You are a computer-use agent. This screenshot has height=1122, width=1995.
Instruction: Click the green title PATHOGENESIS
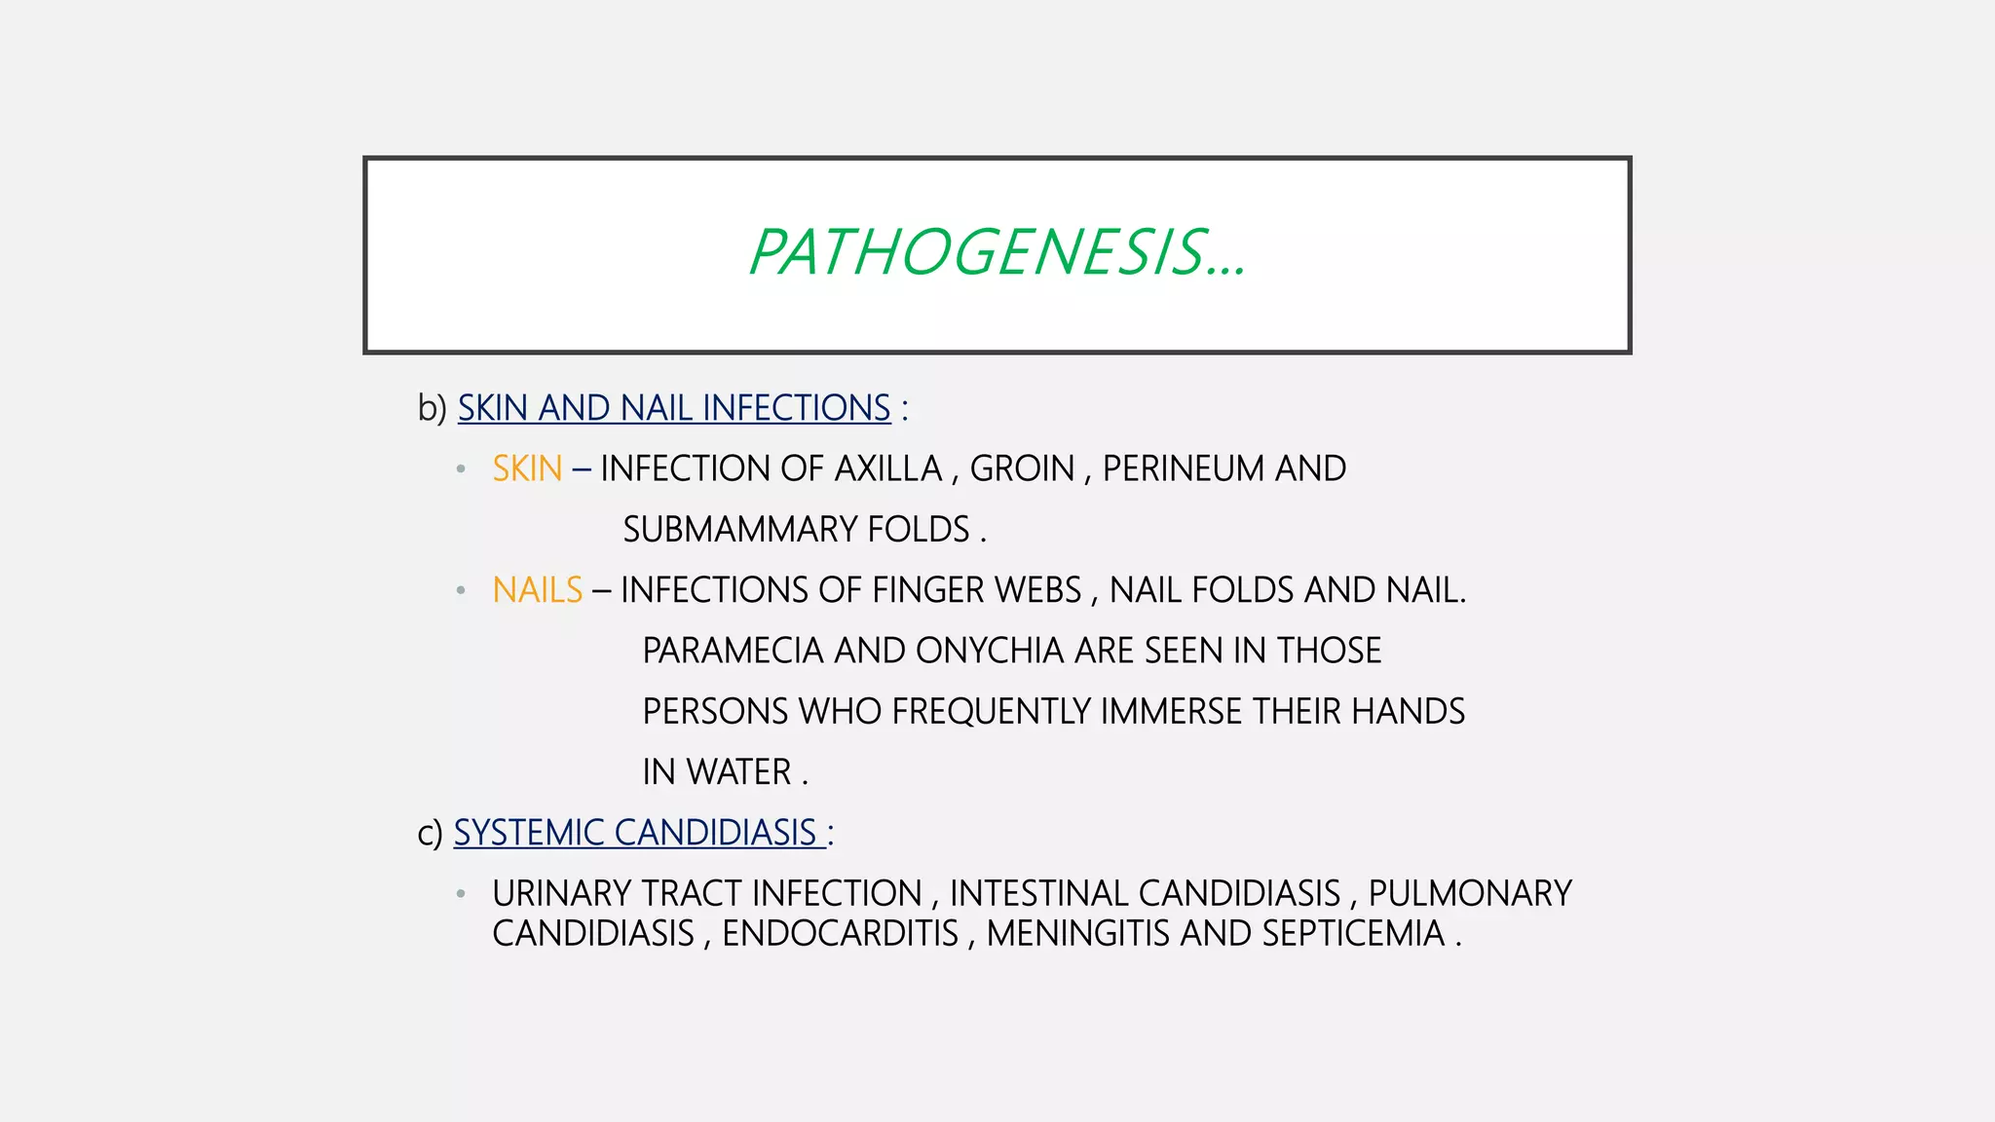pos(997,253)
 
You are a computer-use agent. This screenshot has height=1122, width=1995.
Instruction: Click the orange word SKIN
pos(527,469)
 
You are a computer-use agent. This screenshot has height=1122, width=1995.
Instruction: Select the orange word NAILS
pos(537,590)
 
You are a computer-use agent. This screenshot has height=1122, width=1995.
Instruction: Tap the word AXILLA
pos(888,469)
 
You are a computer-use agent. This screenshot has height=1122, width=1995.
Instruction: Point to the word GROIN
pos(1022,469)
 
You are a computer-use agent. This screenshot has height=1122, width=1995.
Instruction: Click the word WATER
pos(738,772)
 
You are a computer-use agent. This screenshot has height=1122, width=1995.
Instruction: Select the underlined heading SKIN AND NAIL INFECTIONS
pos(674,408)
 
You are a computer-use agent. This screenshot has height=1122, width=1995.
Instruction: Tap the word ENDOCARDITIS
pos(840,934)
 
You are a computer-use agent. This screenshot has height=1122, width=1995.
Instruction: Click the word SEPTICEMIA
pos(1353,934)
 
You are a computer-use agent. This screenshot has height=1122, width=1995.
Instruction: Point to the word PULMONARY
pos(1470,894)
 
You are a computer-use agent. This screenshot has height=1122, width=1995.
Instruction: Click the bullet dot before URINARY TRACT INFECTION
pos(461,893)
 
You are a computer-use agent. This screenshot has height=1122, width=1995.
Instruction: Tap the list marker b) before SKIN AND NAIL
pos(432,408)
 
